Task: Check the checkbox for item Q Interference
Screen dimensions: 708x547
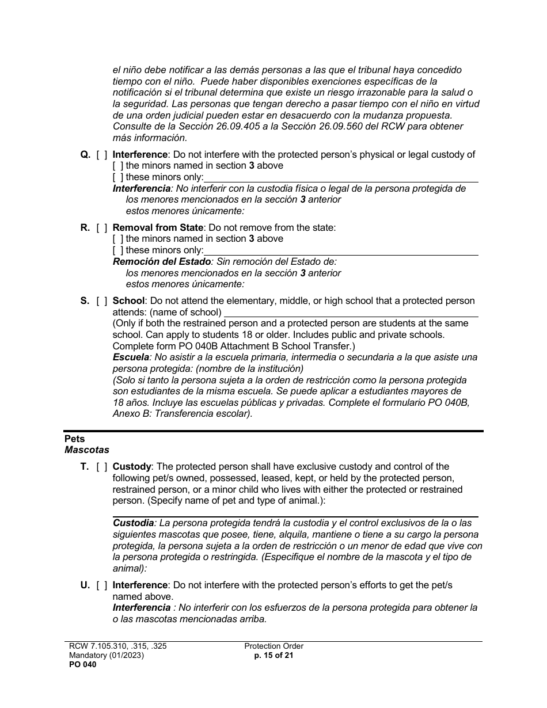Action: (x=101, y=154)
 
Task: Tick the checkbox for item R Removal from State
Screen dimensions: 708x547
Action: (x=101, y=227)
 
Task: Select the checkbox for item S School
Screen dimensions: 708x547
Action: (x=101, y=300)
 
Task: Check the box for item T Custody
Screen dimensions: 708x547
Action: (x=101, y=466)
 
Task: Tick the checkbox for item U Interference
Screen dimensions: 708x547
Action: (x=101, y=585)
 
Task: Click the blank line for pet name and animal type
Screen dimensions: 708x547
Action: (x=295, y=516)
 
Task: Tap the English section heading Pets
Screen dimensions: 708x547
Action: (x=74, y=439)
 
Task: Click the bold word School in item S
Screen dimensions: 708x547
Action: (x=129, y=300)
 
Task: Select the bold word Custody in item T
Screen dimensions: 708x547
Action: (x=132, y=466)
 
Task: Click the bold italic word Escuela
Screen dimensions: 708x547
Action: (x=131, y=357)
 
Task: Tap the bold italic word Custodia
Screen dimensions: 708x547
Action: (x=134, y=523)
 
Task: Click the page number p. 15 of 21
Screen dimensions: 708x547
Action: (x=273, y=655)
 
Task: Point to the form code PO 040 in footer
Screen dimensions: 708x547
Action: (x=81, y=664)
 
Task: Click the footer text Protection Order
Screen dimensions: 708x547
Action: (x=273, y=646)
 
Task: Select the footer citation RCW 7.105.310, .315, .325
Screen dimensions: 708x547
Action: (x=117, y=646)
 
